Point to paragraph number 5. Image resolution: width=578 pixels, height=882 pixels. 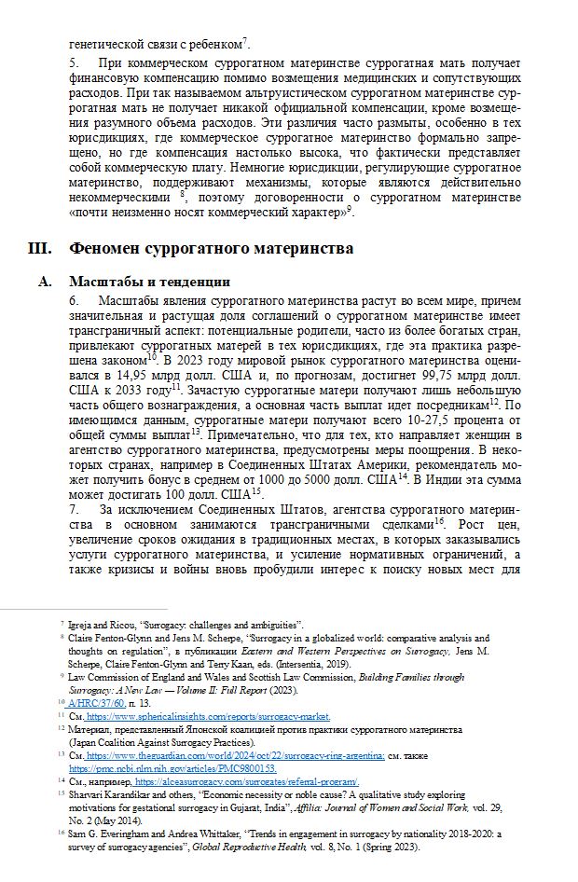point(73,62)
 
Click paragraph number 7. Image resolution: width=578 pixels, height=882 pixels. point(73,510)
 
